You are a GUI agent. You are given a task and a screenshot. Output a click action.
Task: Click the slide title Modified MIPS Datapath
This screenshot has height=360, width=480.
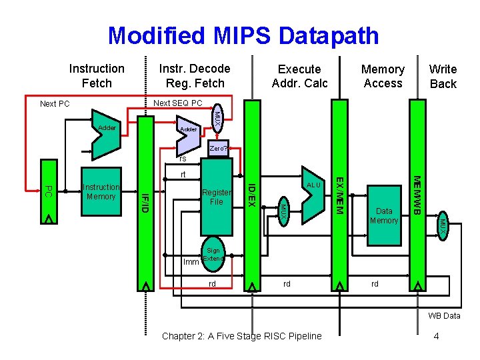click(243, 35)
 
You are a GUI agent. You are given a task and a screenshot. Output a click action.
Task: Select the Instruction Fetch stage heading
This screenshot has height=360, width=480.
click(97, 75)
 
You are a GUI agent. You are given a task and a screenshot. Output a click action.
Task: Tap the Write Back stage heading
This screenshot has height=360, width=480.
click(443, 76)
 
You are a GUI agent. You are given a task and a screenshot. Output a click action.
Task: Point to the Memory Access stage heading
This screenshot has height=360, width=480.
click(382, 76)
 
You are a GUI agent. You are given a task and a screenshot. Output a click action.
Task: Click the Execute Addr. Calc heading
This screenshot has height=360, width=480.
click(299, 76)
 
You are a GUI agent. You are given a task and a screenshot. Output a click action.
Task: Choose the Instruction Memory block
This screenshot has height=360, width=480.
click(101, 192)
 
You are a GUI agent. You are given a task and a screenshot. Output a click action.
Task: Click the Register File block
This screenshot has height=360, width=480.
click(216, 196)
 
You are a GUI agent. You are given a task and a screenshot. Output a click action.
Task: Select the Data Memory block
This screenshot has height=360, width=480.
click(383, 215)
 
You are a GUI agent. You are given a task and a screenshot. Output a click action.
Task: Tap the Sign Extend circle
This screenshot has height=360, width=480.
click(213, 255)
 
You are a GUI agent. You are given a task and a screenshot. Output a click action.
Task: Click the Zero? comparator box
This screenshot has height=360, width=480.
click(218, 148)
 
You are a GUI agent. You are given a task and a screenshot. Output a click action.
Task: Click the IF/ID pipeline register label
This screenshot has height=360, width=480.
click(144, 203)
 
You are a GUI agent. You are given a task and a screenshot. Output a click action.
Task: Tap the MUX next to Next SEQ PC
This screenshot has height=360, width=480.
click(217, 118)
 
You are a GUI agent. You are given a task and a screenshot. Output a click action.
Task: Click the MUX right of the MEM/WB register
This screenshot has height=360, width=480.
click(441, 226)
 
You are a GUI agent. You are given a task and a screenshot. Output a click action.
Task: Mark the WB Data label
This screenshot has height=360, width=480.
click(444, 315)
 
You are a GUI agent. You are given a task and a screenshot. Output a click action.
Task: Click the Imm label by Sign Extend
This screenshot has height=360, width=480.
click(191, 261)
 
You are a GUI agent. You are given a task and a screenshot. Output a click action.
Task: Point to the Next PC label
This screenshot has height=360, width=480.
click(55, 103)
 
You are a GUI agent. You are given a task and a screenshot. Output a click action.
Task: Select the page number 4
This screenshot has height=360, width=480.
click(435, 336)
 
